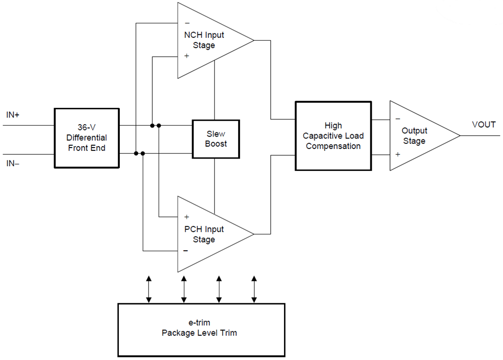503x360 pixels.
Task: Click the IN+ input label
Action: [13, 115]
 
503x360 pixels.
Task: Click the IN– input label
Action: [13, 164]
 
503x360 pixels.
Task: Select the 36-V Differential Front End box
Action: [87, 138]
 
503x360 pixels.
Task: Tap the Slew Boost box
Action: [216, 139]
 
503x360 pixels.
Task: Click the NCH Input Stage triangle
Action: [206, 40]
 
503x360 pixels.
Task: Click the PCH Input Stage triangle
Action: [206, 234]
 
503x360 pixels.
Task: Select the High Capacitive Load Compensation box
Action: [333, 136]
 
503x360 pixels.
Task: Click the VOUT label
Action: [484, 125]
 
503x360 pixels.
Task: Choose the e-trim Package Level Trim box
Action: [201, 329]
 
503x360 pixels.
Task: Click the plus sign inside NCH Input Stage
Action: [187, 56]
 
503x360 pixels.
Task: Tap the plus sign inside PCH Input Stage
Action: [187, 217]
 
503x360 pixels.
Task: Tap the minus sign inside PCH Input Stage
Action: [186, 251]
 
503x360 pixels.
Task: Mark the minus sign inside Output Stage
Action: [398, 118]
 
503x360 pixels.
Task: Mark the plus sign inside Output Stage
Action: [398, 154]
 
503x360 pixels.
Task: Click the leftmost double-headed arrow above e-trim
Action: [148, 289]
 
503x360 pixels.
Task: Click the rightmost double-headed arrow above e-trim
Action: [255, 289]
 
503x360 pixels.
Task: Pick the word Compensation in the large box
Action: [333, 147]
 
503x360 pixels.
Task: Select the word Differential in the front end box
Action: [87, 138]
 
